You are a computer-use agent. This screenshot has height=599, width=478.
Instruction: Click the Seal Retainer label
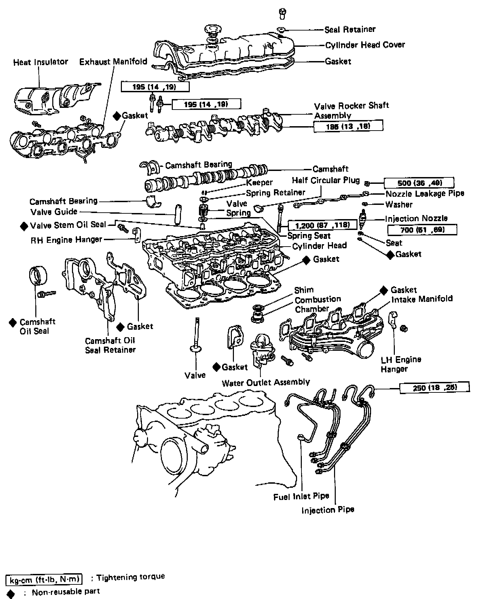tap(350, 30)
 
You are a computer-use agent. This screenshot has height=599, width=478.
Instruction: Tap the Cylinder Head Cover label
tap(365, 45)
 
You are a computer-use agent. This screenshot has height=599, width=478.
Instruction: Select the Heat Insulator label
tap(40, 62)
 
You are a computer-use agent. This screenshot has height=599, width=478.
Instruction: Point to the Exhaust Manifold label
tap(113, 61)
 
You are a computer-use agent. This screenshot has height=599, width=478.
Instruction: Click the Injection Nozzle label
tap(416, 218)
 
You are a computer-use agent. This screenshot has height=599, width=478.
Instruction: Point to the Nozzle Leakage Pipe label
tap(425, 194)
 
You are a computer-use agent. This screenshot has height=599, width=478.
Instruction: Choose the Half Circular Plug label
tap(326, 180)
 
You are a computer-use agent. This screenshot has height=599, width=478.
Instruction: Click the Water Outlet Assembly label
tap(266, 383)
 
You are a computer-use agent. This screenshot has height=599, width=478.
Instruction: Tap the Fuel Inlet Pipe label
tap(301, 497)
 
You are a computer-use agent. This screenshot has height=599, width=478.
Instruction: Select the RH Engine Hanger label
tap(66, 240)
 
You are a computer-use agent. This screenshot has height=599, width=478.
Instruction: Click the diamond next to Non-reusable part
tap(11, 593)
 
